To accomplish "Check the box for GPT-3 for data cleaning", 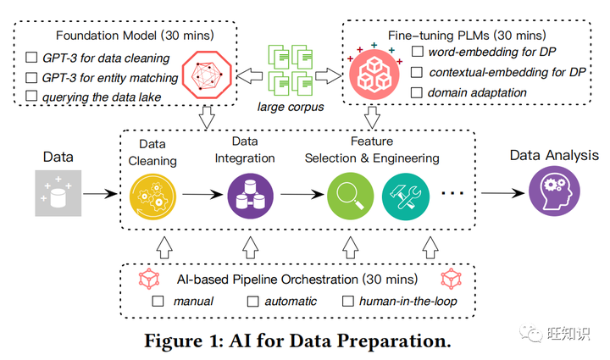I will (x=31, y=58).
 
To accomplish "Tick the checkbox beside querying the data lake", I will (x=31, y=97).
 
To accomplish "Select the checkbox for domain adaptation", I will (x=417, y=91).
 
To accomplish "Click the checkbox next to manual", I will (x=158, y=301).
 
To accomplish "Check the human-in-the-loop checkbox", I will (x=347, y=301).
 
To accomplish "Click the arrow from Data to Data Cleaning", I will (x=101, y=195).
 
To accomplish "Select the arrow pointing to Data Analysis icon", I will (x=500, y=195).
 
